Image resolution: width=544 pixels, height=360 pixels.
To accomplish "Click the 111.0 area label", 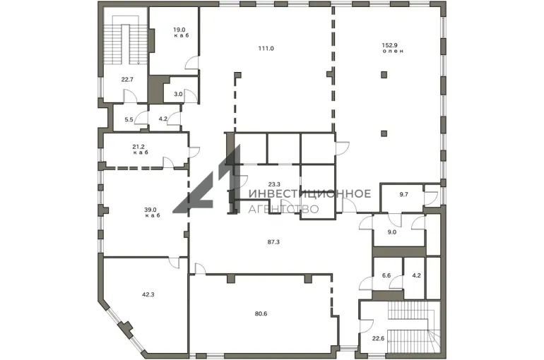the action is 266,49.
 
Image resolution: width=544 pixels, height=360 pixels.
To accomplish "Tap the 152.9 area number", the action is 389,45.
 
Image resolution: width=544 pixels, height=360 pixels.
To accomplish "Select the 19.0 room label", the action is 179,30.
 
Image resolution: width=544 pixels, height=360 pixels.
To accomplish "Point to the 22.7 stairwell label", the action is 127,79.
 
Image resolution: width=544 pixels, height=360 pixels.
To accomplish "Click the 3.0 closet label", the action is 178,94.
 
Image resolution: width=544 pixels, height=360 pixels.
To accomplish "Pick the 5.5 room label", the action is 129,119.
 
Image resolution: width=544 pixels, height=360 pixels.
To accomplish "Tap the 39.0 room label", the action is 150,209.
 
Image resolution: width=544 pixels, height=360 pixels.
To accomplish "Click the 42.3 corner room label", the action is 148,294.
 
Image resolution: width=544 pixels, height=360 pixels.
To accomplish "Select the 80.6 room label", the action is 261,314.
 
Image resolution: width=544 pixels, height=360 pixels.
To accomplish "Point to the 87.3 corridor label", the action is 273,242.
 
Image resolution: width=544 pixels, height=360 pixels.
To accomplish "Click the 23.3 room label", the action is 274,184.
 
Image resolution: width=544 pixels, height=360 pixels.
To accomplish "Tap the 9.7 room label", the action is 403,194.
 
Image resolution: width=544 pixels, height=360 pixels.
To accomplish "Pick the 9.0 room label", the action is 391,232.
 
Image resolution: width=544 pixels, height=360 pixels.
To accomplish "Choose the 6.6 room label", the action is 386,275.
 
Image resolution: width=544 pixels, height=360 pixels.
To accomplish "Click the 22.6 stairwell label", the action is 378,339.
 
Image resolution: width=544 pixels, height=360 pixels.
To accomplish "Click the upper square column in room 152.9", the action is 384,75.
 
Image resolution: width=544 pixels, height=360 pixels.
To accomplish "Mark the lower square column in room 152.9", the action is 384,133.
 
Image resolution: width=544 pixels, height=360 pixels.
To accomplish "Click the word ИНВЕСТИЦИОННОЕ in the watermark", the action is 310,193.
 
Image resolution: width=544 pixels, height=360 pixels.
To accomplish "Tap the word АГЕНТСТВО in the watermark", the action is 283,209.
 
